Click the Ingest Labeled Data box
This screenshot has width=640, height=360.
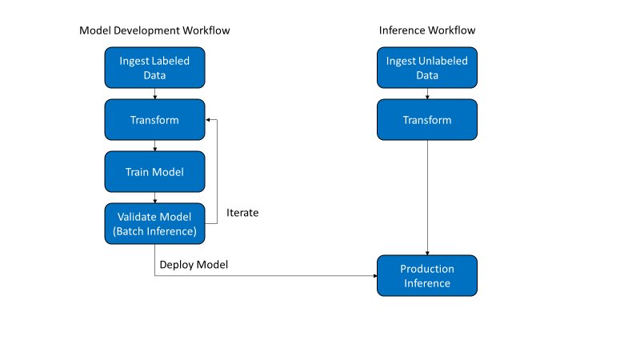point(154,68)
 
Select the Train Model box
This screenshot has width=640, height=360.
point(154,172)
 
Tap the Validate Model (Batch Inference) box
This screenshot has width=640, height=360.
point(154,224)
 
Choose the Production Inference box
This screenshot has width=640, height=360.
point(426,276)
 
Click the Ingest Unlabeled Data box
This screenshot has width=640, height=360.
point(426,68)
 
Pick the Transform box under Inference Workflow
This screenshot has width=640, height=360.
point(426,120)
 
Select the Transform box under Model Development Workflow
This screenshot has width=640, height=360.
point(154,120)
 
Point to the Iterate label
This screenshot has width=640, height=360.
point(242,214)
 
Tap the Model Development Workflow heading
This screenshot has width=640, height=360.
point(160,30)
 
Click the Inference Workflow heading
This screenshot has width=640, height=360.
point(426,30)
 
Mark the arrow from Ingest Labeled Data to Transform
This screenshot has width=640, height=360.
point(154,94)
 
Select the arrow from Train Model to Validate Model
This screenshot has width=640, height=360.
point(154,198)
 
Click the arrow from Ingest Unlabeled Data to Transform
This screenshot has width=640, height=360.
point(426,94)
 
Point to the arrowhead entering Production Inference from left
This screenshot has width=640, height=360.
point(374,276)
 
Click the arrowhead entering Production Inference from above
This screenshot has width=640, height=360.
point(426,252)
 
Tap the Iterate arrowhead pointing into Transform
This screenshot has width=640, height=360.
point(210,120)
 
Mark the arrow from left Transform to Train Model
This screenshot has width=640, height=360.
point(154,146)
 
